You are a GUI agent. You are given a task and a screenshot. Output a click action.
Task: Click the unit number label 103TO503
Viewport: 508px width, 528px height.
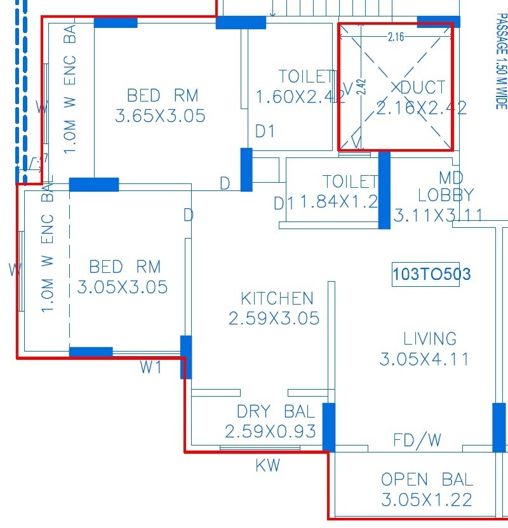pos(432,274)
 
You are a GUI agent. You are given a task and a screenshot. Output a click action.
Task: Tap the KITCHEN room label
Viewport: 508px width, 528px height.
pos(277,298)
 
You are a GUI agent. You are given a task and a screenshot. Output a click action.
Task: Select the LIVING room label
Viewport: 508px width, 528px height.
pos(430,338)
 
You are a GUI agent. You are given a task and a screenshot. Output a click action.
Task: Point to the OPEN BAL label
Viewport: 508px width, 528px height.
pos(427,479)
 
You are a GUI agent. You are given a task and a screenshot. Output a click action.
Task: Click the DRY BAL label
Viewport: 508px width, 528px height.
pos(276,411)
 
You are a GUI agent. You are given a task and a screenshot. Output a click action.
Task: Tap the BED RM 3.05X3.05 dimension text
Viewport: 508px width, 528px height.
pos(123,287)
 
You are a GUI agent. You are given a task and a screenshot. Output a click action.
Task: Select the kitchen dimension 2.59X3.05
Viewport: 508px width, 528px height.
pos(274,318)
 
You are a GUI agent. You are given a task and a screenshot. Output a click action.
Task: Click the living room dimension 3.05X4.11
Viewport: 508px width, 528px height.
pos(424,359)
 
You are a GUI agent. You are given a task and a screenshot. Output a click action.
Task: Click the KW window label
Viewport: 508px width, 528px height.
pos(267,466)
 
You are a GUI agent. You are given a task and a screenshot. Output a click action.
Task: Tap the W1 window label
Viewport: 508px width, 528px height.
pos(150,367)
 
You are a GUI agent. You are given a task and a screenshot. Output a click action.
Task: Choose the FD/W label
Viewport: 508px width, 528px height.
pos(417,440)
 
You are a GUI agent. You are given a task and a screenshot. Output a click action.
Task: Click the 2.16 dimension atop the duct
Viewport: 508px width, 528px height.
pos(395,37)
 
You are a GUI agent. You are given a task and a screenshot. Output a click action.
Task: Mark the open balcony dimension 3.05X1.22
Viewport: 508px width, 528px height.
pos(427,499)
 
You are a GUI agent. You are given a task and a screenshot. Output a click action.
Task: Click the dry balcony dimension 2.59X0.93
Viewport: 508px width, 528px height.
pos(270,432)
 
